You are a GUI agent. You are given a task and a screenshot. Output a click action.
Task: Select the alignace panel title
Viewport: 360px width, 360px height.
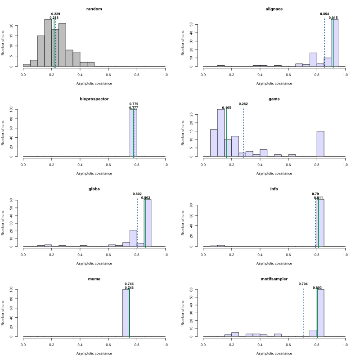coord(274,9)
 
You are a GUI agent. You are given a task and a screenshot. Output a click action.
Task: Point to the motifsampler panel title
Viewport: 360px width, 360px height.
coord(274,279)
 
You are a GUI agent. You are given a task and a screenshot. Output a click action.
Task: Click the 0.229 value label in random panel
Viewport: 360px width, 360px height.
coord(56,14)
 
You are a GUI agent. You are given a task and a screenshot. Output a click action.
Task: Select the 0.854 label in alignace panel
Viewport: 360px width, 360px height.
coord(324,14)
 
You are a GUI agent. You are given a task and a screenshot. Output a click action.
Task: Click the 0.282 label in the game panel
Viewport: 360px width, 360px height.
coord(243,104)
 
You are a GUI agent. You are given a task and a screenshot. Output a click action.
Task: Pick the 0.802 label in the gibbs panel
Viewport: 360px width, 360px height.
coord(137,194)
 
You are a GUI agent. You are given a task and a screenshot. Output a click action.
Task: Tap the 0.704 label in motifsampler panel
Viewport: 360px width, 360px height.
coord(303,284)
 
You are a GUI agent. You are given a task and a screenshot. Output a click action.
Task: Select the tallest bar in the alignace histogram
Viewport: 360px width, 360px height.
coord(335,43)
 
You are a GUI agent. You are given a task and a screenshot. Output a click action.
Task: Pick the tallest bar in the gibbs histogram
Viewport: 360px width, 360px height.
coord(148,223)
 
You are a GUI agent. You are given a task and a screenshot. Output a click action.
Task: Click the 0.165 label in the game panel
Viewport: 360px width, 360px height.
coord(226,108)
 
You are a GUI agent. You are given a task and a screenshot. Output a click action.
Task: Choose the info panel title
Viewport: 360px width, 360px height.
coord(274,189)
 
